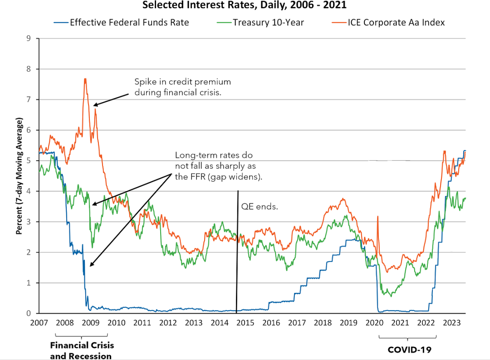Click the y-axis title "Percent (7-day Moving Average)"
coord(19,176)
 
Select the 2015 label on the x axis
coord(245,323)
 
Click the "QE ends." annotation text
coord(258,207)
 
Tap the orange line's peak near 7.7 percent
coord(85,79)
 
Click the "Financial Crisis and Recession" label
coord(82,350)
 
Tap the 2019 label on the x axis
coord(349,323)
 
